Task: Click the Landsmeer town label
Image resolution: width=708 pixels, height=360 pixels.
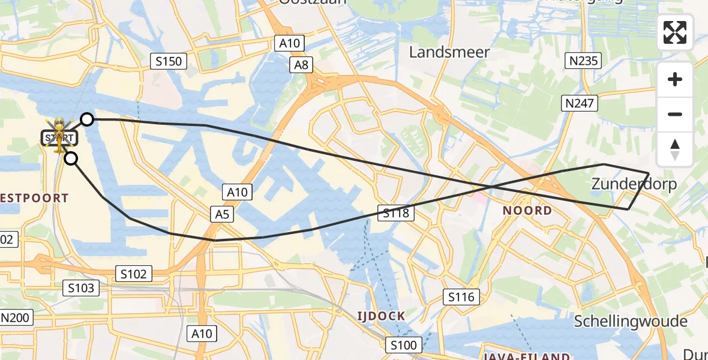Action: coord(449,52)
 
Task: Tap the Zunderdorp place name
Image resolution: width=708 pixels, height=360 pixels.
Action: coord(634,184)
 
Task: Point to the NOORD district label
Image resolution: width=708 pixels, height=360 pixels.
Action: coord(527,211)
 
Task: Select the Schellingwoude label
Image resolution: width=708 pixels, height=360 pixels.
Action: coord(631,321)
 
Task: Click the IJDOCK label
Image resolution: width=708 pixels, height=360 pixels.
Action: coord(381,316)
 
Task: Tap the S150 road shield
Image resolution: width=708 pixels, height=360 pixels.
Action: coord(169,61)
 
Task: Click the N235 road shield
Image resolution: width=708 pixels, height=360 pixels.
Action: coord(583,61)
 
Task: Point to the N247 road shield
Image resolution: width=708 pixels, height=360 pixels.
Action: coord(580,104)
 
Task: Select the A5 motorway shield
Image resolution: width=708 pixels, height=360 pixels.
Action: coord(221,214)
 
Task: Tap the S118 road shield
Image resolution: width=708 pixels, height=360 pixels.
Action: coord(395,212)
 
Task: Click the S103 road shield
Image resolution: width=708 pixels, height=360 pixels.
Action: coord(81,288)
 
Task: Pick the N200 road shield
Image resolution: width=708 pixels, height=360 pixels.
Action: coord(15,317)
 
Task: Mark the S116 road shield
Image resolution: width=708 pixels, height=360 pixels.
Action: coord(461,296)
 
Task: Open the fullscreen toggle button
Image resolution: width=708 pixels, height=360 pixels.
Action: coord(675,32)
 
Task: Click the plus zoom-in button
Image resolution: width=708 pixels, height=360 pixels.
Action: coord(675,79)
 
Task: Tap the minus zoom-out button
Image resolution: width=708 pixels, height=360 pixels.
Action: coord(675,114)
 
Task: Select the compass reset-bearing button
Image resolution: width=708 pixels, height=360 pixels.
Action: coord(675,149)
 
